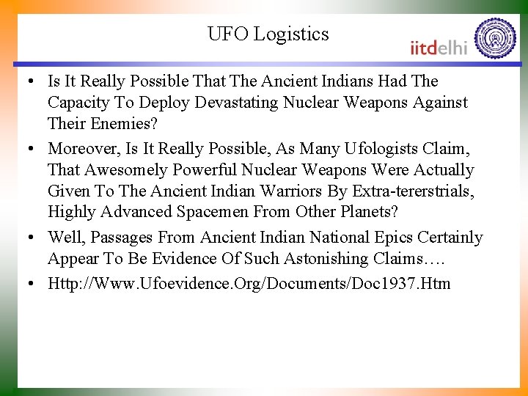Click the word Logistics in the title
291,34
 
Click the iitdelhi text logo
438,47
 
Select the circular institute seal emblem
495,39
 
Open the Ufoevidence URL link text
249,283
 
